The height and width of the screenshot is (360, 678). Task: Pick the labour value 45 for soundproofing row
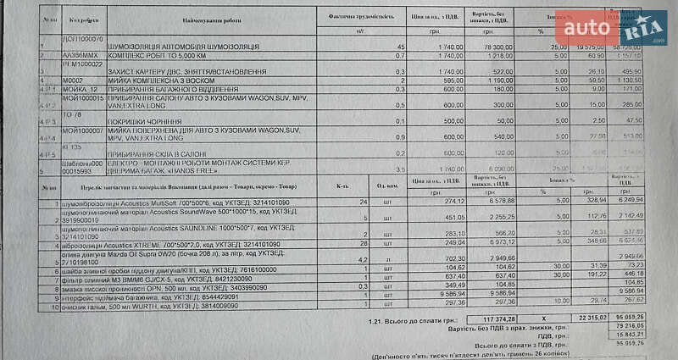401,46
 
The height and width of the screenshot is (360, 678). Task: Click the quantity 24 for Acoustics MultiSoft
364,202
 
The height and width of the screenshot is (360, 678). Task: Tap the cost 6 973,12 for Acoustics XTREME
495,242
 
